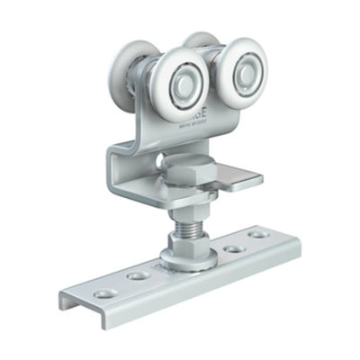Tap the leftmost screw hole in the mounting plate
click(x=103, y=294)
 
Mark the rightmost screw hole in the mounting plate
click(x=258, y=233)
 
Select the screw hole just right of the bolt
click(x=232, y=247)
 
